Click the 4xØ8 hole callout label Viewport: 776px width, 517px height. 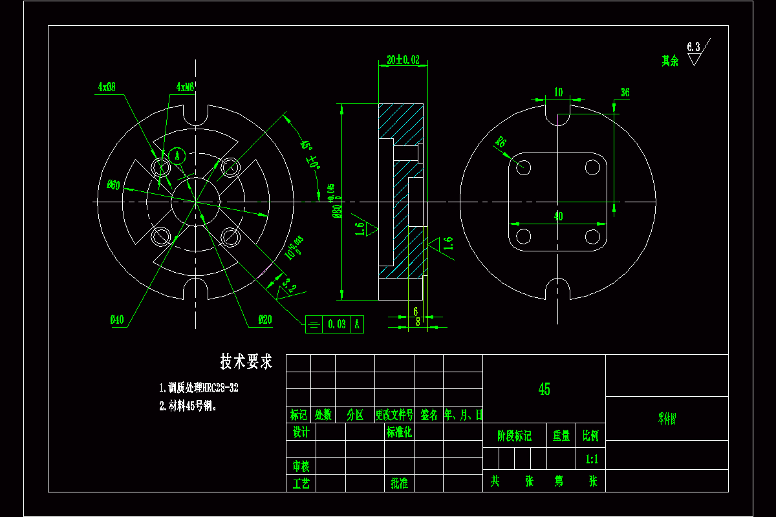(107, 87)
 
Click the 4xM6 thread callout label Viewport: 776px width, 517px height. (185, 87)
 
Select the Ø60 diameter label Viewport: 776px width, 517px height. (114, 185)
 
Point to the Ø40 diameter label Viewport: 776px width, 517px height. (117, 319)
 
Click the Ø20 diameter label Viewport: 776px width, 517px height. (265, 319)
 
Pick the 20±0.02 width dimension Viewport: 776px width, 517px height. (403, 60)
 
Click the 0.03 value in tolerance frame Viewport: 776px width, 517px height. (336, 324)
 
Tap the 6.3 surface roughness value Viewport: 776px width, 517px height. (693, 47)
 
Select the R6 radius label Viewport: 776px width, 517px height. (501, 142)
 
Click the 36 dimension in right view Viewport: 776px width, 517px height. (625, 93)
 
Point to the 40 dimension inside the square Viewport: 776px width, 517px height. (558, 216)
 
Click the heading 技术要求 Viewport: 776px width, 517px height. (246, 362)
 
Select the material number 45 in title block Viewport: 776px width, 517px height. (544, 389)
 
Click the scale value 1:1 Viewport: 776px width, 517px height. (591, 459)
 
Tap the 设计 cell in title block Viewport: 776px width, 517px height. (301, 432)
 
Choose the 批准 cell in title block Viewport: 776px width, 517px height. (399, 483)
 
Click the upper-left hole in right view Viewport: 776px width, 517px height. (524, 167)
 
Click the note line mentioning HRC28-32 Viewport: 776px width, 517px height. (199, 388)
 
